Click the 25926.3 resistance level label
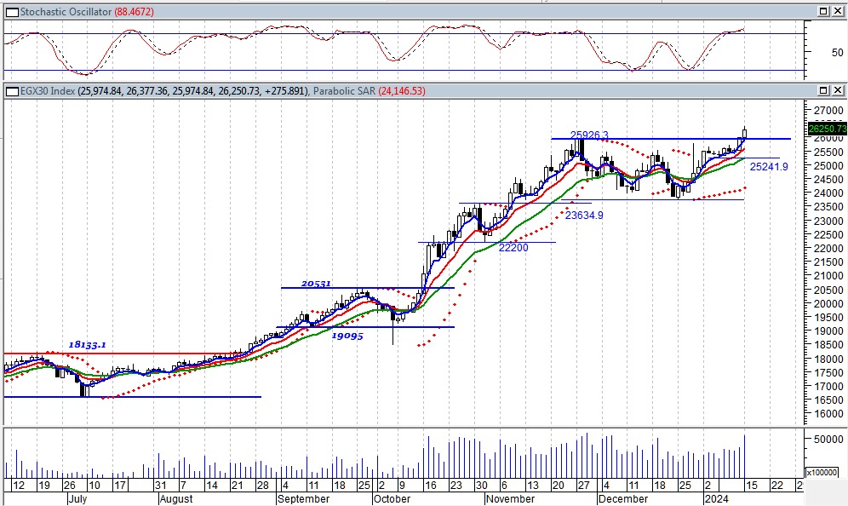[589, 135]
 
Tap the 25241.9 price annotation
[768, 167]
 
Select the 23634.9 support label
[584, 216]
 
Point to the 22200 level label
[513, 248]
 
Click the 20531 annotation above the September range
[316, 284]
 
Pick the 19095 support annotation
[347, 336]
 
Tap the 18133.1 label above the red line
[88, 344]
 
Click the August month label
[176, 499]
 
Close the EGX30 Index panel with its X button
[839, 91]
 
